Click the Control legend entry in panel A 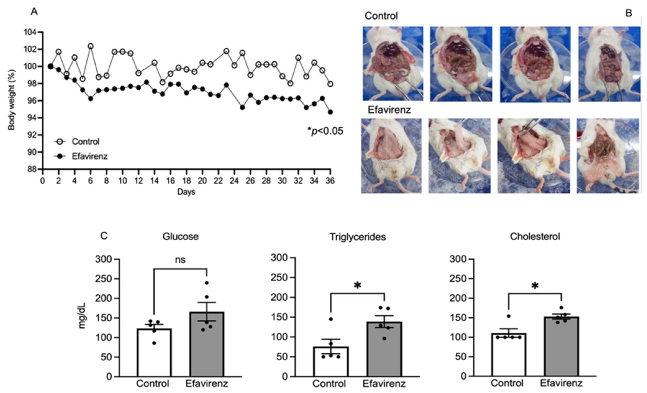(x=85, y=142)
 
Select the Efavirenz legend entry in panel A (x=89, y=156)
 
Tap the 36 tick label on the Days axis (x=330, y=181)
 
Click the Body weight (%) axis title (x=11, y=100)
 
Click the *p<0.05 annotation (x=325, y=131)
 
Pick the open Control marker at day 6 (x=91, y=46)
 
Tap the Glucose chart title (x=180, y=236)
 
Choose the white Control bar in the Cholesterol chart (x=509, y=355)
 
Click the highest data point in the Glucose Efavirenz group (x=207, y=283)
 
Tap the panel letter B (x=629, y=13)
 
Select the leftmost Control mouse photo (x=393, y=64)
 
